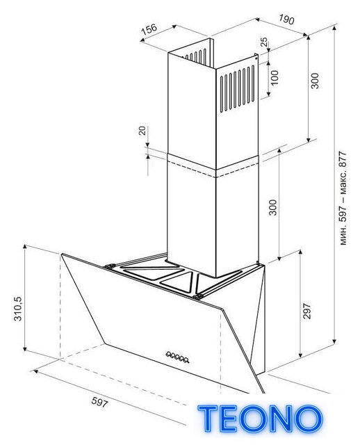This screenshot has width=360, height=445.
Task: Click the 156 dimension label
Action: pos(149,29)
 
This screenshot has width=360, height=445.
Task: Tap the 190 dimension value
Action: pos(286,19)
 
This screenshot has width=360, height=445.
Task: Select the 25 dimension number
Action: pos(264,42)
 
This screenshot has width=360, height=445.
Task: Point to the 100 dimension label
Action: pos(275,77)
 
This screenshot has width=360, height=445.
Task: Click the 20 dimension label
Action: pos(142,131)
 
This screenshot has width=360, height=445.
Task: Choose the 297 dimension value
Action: pos(307,311)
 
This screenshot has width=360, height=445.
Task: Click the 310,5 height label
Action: pos(18,309)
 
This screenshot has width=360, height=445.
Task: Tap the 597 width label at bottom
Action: pos(99,402)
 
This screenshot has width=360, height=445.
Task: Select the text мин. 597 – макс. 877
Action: pos(343,198)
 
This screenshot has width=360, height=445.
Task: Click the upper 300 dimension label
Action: pos(315,81)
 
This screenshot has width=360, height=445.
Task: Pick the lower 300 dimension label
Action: pos(272,207)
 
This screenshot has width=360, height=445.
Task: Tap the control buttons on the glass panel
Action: pos(178,357)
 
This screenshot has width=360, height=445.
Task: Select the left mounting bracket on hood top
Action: pos(109,266)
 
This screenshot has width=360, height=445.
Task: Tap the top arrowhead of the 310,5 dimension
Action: pos(25,246)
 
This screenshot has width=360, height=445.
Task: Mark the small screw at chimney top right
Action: pos(256,58)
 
